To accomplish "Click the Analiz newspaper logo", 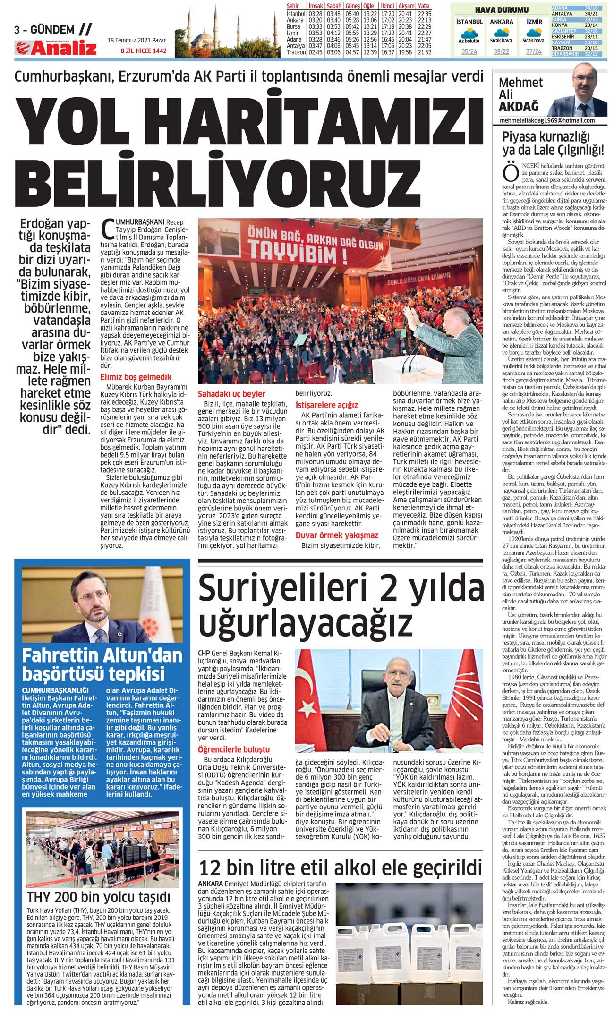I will [56, 48].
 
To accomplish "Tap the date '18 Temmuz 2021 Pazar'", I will [136, 41].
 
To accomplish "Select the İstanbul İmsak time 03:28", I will [315, 14].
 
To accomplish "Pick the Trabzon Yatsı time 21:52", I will [424, 52].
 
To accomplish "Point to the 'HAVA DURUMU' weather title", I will [501, 10].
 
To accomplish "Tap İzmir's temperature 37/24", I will [534, 52].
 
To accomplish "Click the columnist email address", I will [547, 121].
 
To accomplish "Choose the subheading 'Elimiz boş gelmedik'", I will [136, 377].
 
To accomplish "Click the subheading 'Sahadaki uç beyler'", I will [231, 394].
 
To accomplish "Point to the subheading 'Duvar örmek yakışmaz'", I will [337, 535].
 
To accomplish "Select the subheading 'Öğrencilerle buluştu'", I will [234, 749].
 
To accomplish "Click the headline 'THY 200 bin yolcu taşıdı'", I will [98, 897].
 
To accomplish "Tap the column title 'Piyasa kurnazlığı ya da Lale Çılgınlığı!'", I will [553, 144].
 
